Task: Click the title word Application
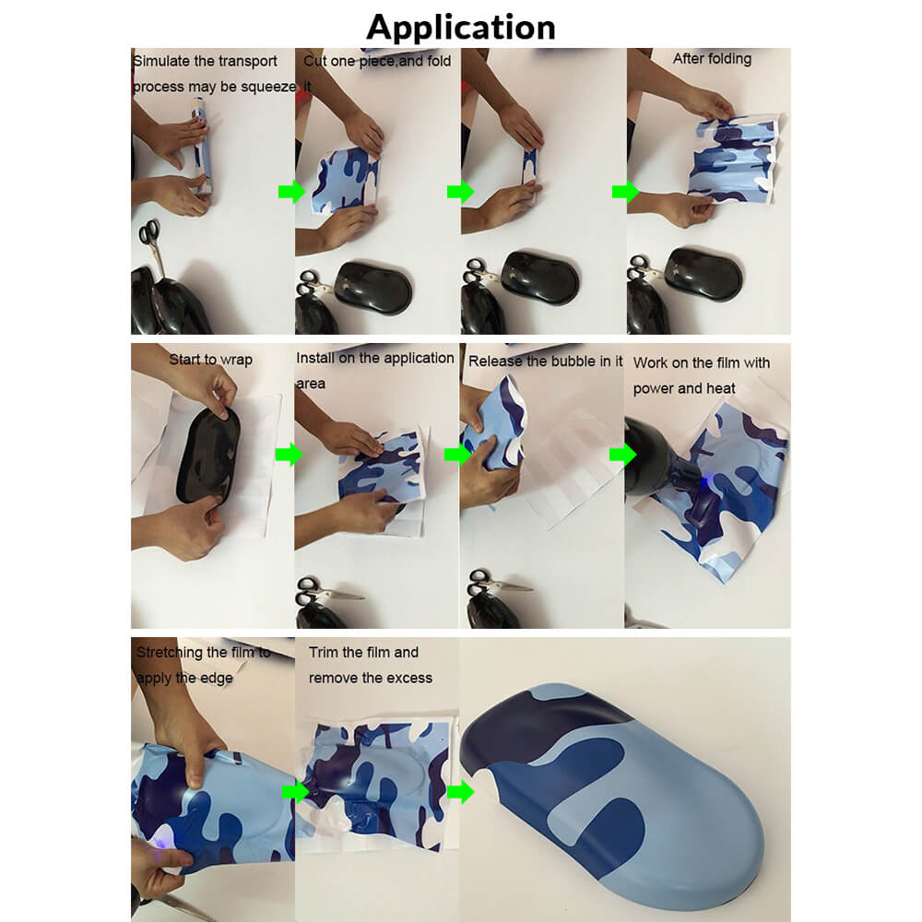[x=460, y=28]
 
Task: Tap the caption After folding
[x=712, y=59]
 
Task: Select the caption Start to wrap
[x=210, y=360]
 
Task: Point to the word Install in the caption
[x=315, y=358]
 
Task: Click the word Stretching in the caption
[x=169, y=653]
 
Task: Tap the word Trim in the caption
[x=324, y=652]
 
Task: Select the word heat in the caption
[x=721, y=388]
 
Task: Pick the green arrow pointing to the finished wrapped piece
[x=460, y=791]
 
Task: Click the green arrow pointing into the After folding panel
[x=625, y=192]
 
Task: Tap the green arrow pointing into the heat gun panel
[x=622, y=454]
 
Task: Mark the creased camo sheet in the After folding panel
[x=735, y=158]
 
